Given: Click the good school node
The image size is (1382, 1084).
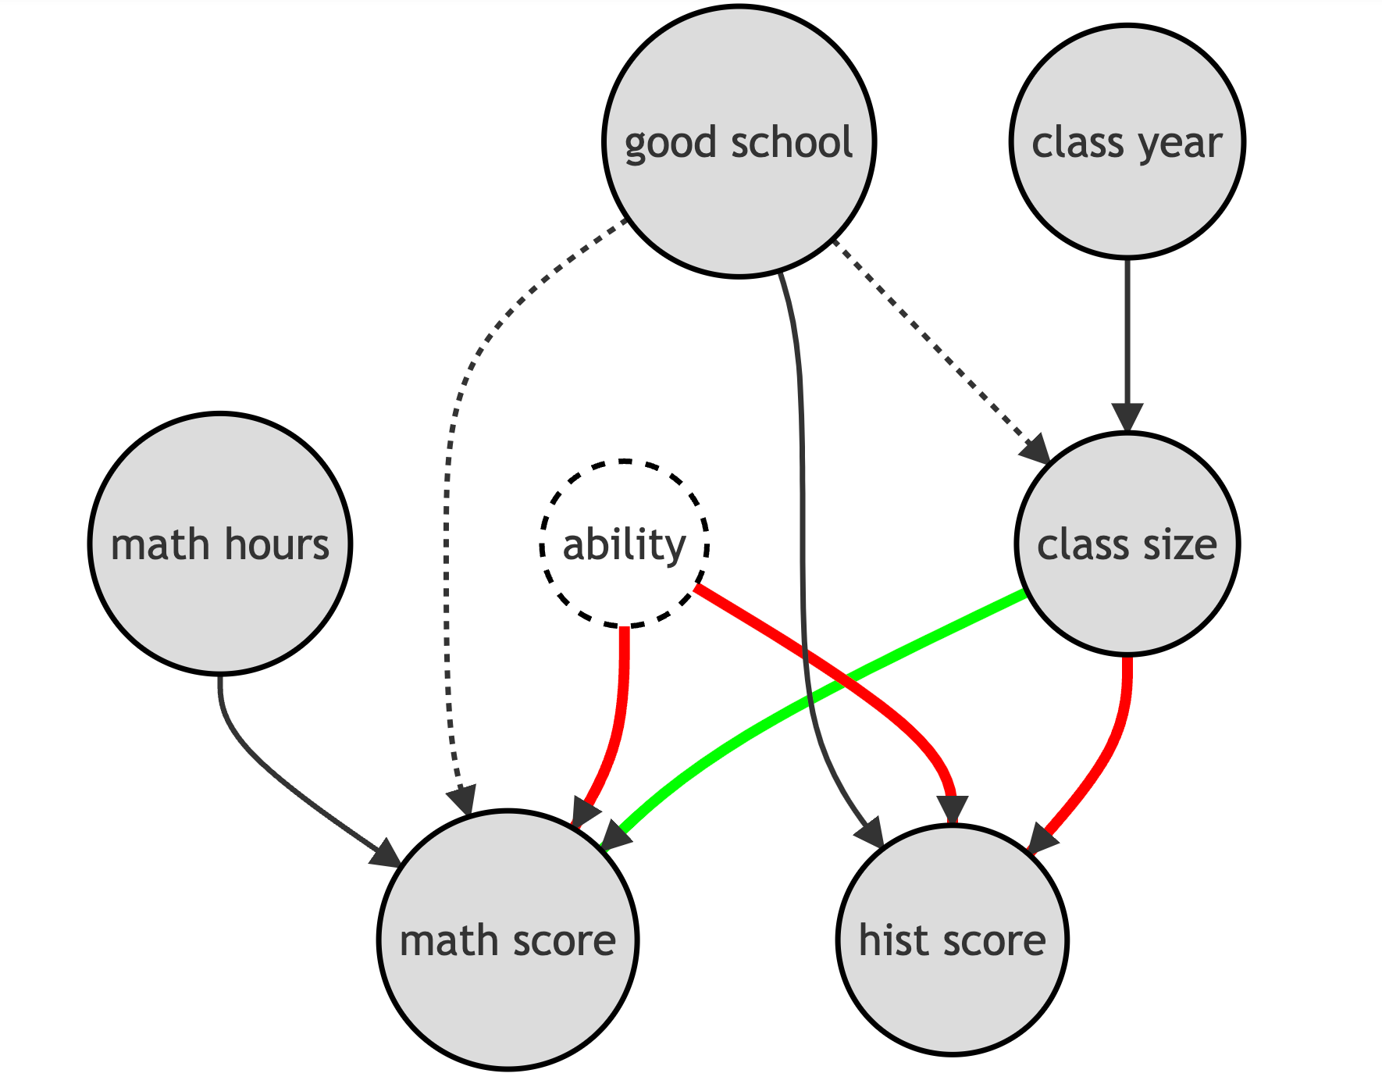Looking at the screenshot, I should pos(739,141).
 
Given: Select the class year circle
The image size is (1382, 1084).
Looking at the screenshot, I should pos(1127,141).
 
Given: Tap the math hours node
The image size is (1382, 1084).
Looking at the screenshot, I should pos(220,544).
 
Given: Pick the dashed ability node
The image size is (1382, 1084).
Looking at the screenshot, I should pos(624,544).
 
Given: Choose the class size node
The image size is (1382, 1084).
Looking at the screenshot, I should pos(1127,544).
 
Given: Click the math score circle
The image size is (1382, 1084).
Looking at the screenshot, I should pos(508,940).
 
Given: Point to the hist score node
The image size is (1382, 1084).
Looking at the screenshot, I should pos(952,940).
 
